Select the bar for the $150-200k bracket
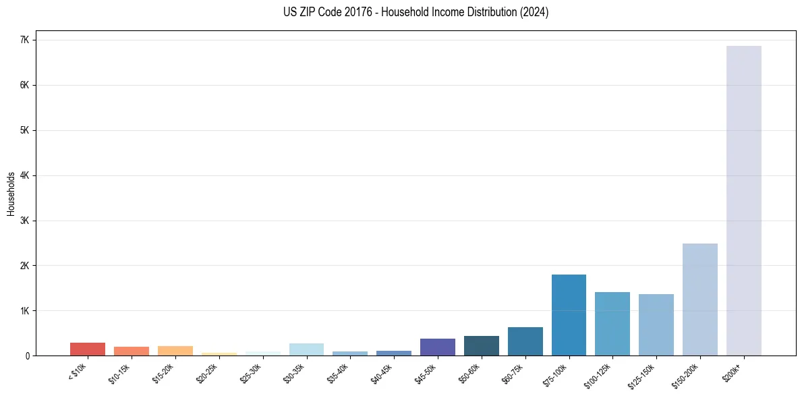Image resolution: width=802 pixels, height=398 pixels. [699, 300]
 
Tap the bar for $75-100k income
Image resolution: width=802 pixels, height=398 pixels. [569, 315]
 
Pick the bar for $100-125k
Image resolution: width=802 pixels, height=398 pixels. [612, 324]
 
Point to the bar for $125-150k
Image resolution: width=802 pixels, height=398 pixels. [656, 324]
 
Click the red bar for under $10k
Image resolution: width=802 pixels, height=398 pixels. [88, 349]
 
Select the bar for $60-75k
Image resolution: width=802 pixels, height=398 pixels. [525, 341]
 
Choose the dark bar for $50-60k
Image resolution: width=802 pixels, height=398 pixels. [481, 345]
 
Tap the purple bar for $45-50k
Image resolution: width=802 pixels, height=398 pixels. [437, 347]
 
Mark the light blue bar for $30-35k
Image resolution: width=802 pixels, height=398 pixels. [306, 349]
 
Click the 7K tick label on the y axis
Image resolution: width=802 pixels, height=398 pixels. [25, 40]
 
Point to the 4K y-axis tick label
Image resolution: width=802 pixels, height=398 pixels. [25, 175]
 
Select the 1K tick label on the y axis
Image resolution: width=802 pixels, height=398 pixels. [25, 311]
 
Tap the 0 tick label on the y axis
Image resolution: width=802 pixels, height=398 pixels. [28, 356]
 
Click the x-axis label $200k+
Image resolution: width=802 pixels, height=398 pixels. [733, 370]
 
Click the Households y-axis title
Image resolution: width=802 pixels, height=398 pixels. [11, 194]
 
